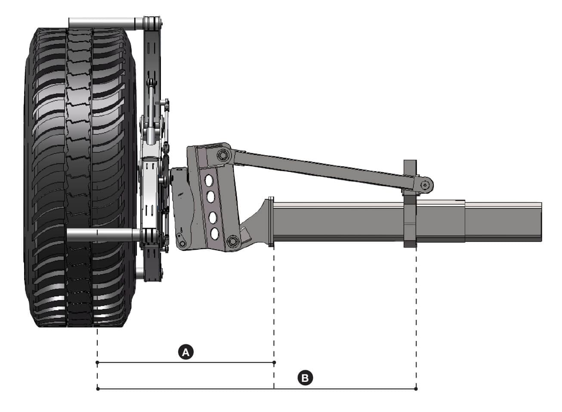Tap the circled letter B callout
[x=305, y=378]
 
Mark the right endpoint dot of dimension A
[x=274, y=362]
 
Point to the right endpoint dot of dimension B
[x=416, y=389]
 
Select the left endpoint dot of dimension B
[x=98, y=389]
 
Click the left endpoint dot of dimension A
[x=98, y=362]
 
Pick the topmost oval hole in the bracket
[x=210, y=180]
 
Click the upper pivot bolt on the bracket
[x=222, y=155]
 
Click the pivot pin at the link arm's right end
[x=426, y=185]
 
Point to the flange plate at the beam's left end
[x=271, y=222]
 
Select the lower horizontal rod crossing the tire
[x=103, y=235]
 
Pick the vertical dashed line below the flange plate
[x=274, y=301]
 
